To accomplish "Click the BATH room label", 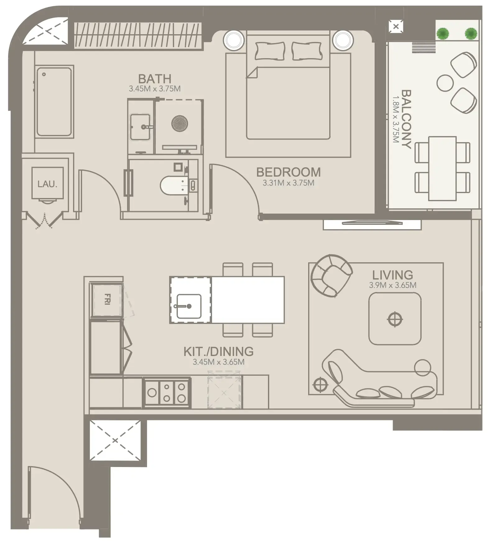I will click(155, 79).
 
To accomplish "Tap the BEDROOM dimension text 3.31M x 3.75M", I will click(288, 183).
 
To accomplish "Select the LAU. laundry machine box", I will click(48, 183).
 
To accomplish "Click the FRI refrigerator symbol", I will click(106, 299).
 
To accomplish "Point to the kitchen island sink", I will click(189, 306).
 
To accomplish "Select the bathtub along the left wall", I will click(54, 102).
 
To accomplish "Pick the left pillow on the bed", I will click(270, 51).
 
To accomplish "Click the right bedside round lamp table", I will click(343, 40).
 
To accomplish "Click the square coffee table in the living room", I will click(395, 319).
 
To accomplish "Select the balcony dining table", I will click(442, 169).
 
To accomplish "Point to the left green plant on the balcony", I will click(443, 33).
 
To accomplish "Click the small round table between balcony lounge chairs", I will click(445, 83).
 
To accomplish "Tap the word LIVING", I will click(392, 275).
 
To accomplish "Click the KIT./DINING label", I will click(218, 352).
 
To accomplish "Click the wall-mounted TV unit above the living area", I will click(372, 224).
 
